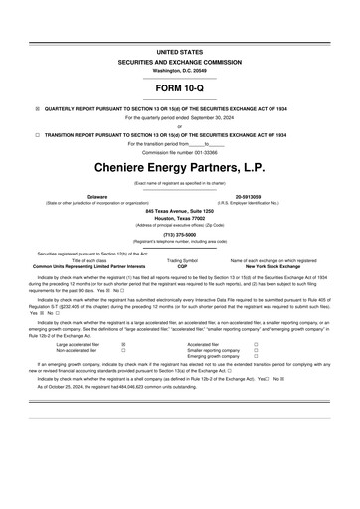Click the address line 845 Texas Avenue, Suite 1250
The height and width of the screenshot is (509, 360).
(x=180, y=212)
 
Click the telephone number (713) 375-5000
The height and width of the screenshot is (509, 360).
(x=180, y=236)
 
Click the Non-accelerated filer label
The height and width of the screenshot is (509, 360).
(x=79, y=351)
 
